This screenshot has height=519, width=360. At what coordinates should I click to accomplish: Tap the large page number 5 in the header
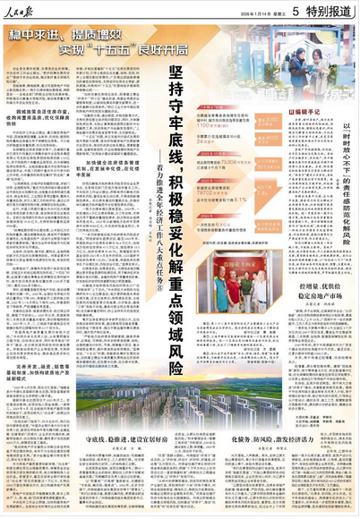pos(280,12)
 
